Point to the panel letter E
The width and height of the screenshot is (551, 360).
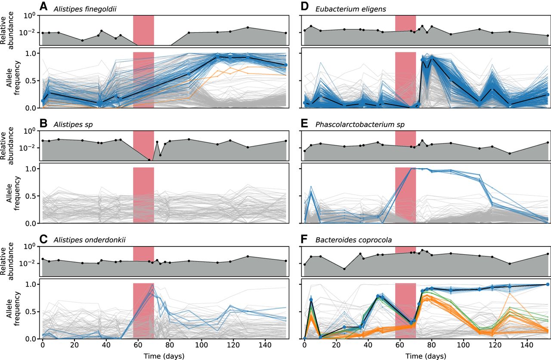[x=305, y=124]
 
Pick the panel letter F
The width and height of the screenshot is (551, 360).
[x=305, y=240]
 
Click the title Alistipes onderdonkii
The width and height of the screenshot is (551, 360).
[x=83, y=240]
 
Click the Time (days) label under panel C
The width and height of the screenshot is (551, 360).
[x=164, y=355]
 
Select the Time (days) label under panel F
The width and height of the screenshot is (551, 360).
[x=426, y=355]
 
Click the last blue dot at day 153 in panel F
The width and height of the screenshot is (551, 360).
[x=547, y=284]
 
